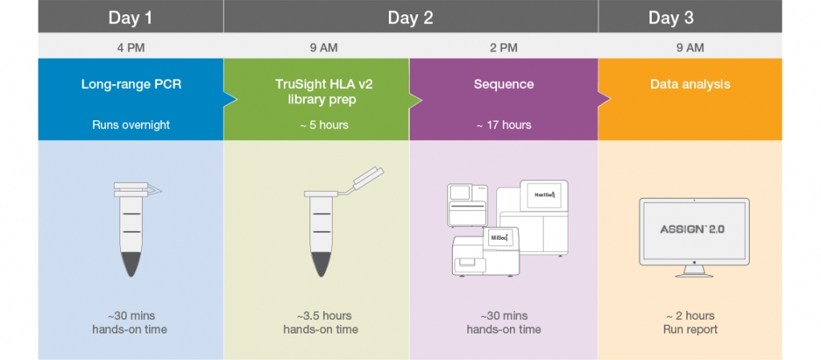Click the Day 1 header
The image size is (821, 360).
(x=131, y=18)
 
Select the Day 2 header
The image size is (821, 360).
(x=410, y=18)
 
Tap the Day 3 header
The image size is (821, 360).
(x=671, y=18)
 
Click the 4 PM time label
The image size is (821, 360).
(x=131, y=48)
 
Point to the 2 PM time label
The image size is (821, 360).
(x=504, y=48)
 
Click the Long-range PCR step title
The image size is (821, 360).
(x=131, y=84)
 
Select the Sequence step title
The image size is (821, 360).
(x=504, y=84)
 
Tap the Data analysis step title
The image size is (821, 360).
(x=690, y=84)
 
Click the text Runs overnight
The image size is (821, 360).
(x=131, y=125)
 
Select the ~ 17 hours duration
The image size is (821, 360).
(x=504, y=125)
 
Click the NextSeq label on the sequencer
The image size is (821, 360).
(x=544, y=195)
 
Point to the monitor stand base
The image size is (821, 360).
(x=694, y=274)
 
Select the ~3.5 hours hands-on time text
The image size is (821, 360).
(x=321, y=322)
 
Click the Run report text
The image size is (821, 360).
(x=690, y=329)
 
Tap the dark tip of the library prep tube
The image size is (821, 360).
(x=321, y=264)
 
